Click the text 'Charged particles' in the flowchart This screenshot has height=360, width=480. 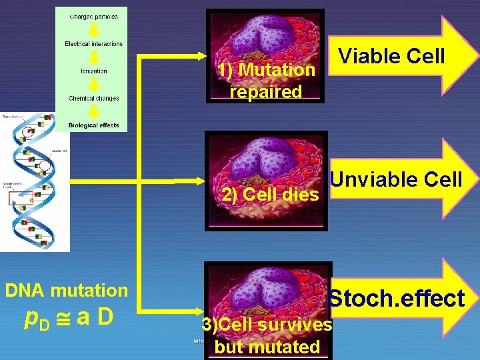(93, 17)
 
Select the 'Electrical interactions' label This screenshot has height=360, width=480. (94, 44)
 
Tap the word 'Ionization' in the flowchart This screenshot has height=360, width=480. (94, 71)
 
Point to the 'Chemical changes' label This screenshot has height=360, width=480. (94, 99)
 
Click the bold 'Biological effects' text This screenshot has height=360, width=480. (94, 125)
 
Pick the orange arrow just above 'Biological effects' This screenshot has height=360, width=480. (94, 112)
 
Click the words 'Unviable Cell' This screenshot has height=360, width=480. (396, 179)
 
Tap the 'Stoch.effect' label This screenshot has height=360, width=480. (397, 299)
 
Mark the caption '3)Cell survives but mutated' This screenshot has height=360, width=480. (267, 335)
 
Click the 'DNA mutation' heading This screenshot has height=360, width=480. (66, 290)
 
